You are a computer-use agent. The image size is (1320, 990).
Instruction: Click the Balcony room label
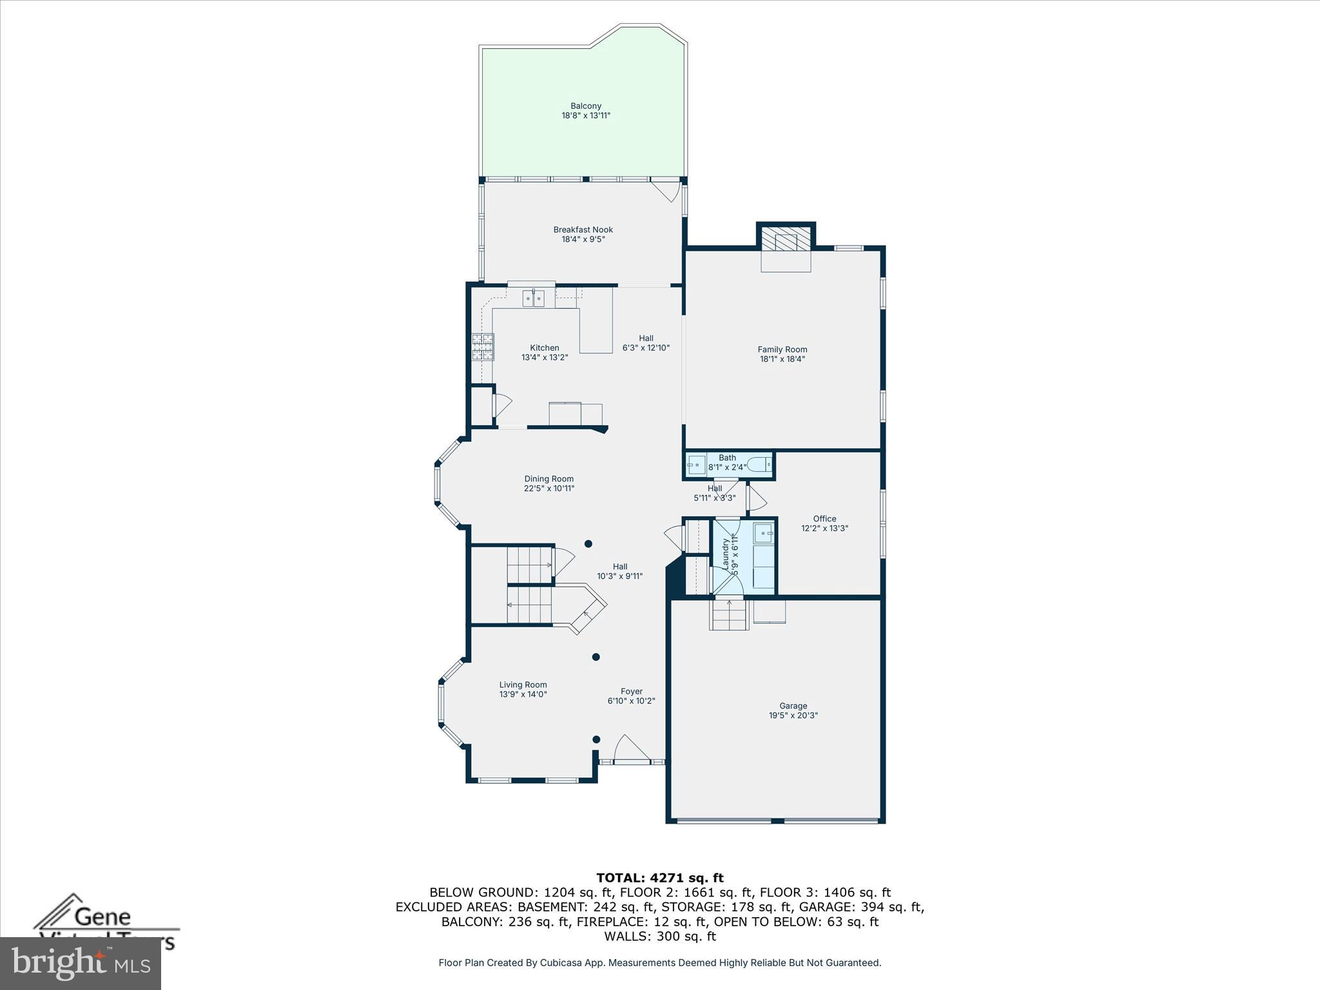tap(585, 106)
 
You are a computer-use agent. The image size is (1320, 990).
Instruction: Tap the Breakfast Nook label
tap(583, 230)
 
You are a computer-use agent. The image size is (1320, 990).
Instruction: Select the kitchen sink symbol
tap(533, 298)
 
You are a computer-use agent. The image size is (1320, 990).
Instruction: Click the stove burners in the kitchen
tap(482, 347)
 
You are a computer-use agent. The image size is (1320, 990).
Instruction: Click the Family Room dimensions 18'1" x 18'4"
tap(782, 359)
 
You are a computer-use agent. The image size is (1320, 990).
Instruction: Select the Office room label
tap(824, 519)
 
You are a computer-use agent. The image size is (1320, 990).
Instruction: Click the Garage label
tap(793, 706)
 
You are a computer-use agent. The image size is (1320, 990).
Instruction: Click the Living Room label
tap(523, 685)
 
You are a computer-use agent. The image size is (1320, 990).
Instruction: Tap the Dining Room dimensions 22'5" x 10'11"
tap(548, 489)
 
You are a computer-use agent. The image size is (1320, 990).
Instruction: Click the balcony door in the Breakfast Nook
tap(665, 191)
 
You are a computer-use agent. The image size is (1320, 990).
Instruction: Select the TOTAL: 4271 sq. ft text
tap(660, 878)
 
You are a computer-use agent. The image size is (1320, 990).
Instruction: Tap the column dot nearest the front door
tap(596, 739)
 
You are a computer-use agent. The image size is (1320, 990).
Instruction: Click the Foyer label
tap(631, 692)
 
